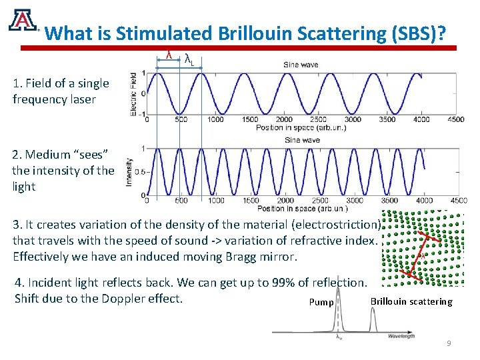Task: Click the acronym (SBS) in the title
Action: [x=415, y=33]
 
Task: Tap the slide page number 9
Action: [x=449, y=343]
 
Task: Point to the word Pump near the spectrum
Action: [x=321, y=303]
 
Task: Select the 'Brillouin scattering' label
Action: [x=411, y=302]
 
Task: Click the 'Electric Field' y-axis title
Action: [x=134, y=94]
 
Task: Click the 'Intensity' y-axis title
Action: [x=129, y=171]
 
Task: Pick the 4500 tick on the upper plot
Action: [x=455, y=120]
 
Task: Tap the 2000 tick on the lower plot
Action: [x=285, y=201]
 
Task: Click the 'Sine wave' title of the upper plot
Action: [x=301, y=65]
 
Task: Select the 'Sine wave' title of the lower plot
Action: [x=301, y=140]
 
